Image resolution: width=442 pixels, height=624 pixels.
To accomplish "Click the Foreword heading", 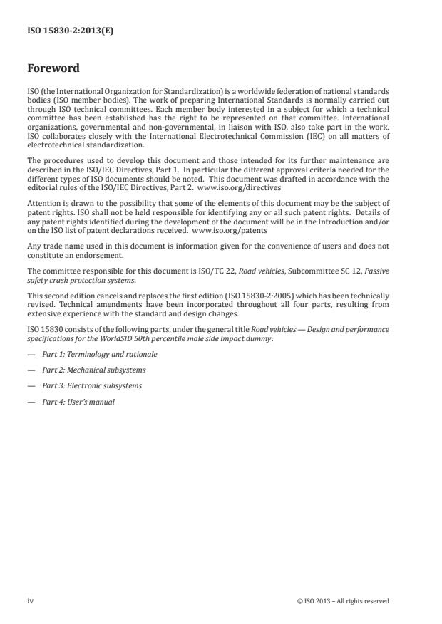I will pos(53,68).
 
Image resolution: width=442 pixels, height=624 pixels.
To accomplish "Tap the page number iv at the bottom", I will pos(30,601).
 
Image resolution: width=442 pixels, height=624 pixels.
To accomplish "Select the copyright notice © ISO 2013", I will pos(343,601).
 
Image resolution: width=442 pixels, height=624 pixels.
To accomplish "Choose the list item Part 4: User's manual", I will pos(78,402).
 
